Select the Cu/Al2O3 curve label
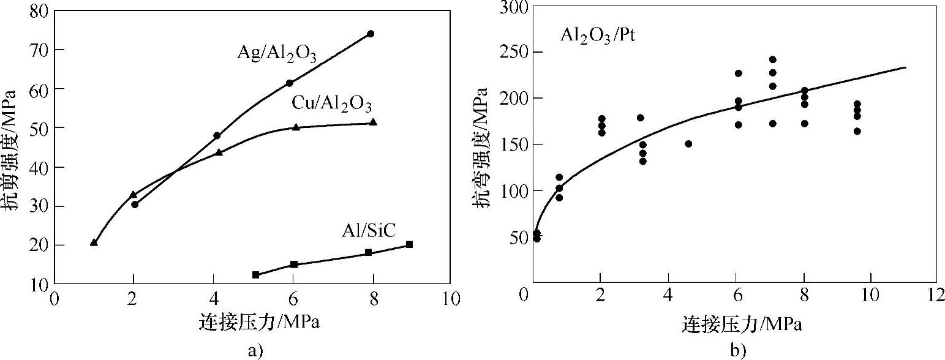click(331, 104)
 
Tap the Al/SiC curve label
click(369, 231)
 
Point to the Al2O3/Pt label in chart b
click(597, 36)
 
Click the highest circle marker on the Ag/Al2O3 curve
click(371, 34)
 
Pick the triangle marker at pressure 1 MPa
click(94, 242)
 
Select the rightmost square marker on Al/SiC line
click(409, 244)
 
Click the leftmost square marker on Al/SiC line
click(255, 275)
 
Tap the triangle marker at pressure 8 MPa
click(373, 122)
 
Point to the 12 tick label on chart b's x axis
click(935, 295)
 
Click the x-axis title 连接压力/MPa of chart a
click(259, 321)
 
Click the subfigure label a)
click(254, 350)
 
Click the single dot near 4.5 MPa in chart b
click(688, 144)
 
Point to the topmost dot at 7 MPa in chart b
click(772, 60)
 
